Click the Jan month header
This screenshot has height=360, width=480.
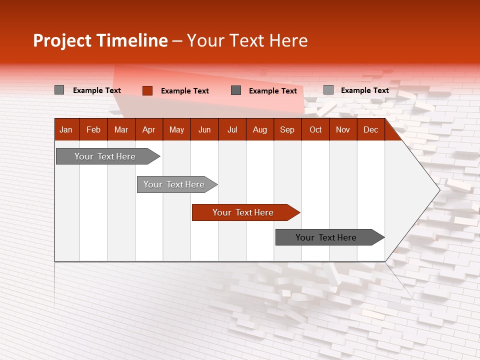[x=66, y=129]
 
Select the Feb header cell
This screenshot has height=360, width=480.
[x=93, y=129]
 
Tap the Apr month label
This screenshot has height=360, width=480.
[x=149, y=129]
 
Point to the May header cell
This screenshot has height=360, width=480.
[x=176, y=129]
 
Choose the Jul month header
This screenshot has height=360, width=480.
[x=232, y=129]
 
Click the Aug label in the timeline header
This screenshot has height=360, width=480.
[x=260, y=129]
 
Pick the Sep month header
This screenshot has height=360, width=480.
[x=287, y=129]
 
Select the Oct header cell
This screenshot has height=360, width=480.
[x=315, y=129]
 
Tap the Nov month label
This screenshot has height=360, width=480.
[x=343, y=129]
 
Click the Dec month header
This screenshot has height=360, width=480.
[x=371, y=129]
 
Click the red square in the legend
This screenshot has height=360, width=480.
[x=147, y=90]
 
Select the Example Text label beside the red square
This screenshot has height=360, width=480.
[x=185, y=90]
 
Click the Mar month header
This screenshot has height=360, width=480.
[x=121, y=129]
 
